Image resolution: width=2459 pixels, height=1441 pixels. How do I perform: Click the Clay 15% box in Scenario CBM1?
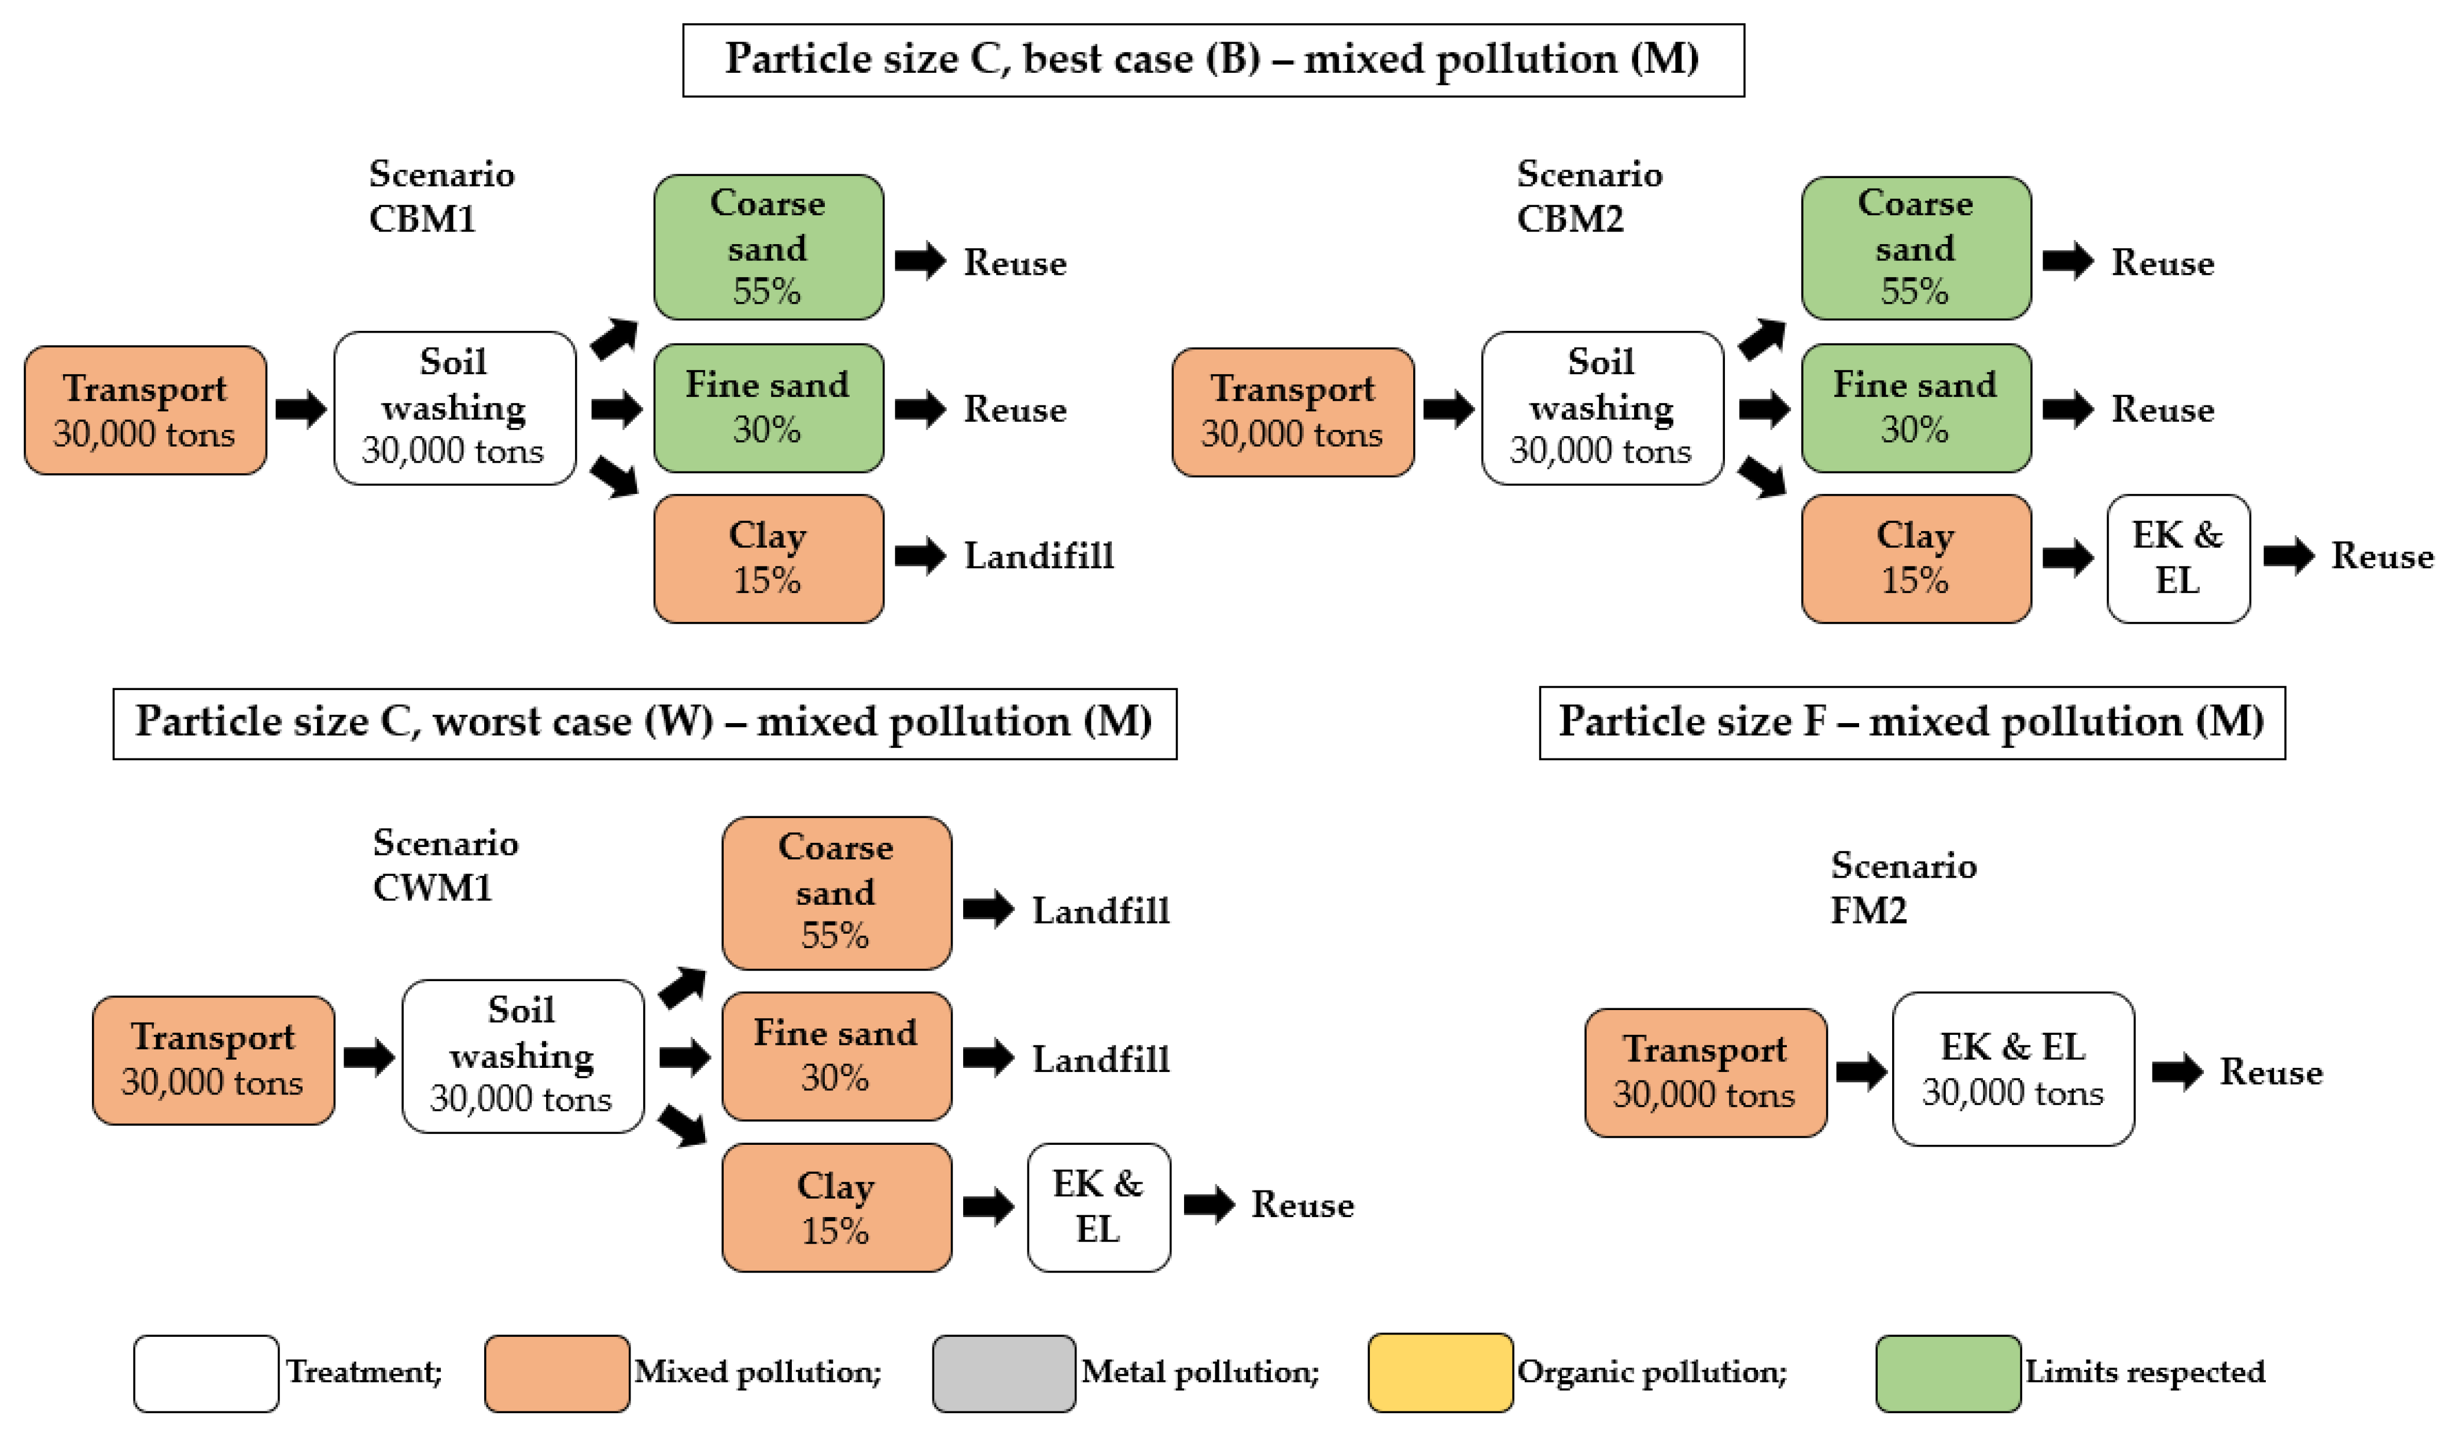coord(768,558)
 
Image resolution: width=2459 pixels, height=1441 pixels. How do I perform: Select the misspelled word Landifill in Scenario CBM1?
coord(1038,556)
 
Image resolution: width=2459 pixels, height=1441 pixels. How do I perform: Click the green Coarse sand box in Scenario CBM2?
coord(1915,248)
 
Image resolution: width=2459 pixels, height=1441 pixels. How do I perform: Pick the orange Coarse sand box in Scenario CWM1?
coord(836,893)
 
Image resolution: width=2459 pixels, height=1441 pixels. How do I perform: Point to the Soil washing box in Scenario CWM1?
coord(522,1056)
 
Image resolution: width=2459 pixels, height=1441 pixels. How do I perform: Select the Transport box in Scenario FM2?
coord(1705,1072)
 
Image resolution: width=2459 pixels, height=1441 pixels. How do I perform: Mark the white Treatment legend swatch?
coord(206,1373)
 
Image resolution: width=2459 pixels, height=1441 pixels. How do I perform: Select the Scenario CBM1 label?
coord(440,196)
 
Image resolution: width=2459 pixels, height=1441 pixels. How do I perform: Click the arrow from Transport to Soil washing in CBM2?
coord(1447,409)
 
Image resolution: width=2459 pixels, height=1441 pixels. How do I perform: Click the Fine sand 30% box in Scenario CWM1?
coord(836,1056)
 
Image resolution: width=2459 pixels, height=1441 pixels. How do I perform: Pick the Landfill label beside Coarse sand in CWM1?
coord(1100,911)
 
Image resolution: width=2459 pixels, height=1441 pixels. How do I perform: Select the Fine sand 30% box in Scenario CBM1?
coord(768,408)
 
